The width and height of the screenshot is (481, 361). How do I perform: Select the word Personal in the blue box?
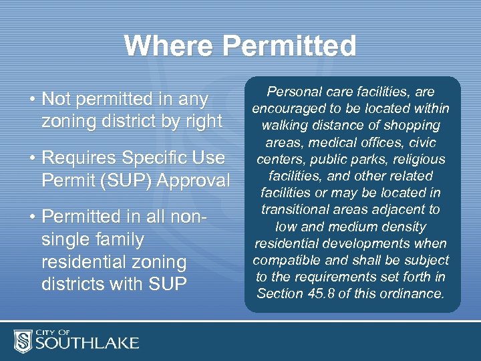click(291, 92)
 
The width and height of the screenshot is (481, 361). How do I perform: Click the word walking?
click(292, 125)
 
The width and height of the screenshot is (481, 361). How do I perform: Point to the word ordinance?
click(415, 293)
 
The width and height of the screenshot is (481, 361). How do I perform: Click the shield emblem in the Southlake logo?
click(23, 341)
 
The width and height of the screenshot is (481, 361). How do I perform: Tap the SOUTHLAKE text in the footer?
click(88, 344)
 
